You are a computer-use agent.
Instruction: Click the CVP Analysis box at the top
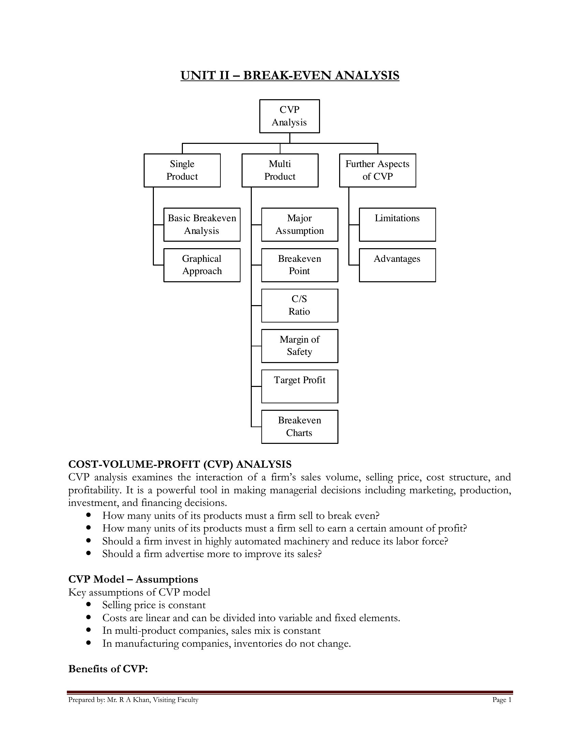coord(290,116)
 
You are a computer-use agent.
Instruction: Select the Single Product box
coord(182,170)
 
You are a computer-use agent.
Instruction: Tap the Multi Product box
coord(280,170)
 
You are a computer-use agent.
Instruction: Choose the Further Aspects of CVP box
coord(378,170)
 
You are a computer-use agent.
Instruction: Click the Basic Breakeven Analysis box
coord(202,225)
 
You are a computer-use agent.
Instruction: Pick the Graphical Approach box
coord(202,265)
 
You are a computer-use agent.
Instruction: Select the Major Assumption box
coord(300,225)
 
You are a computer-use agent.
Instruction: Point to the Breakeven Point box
coord(300,265)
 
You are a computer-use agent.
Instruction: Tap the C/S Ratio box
coord(300,306)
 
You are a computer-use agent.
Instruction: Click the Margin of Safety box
coord(300,346)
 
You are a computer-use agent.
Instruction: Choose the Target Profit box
coord(300,386)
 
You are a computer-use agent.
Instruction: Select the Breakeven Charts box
coord(300,427)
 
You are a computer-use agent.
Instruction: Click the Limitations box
coord(397,225)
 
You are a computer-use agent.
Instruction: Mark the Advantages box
coord(397,265)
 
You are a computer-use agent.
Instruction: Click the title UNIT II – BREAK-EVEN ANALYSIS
coord(290,75)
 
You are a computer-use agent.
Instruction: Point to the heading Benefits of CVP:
coord(108,669)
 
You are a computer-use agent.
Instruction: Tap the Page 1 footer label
coord(502,700)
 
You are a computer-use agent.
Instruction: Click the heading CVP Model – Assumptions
coord(133,579)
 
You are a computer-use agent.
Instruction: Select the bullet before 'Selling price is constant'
coord(89,604)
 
